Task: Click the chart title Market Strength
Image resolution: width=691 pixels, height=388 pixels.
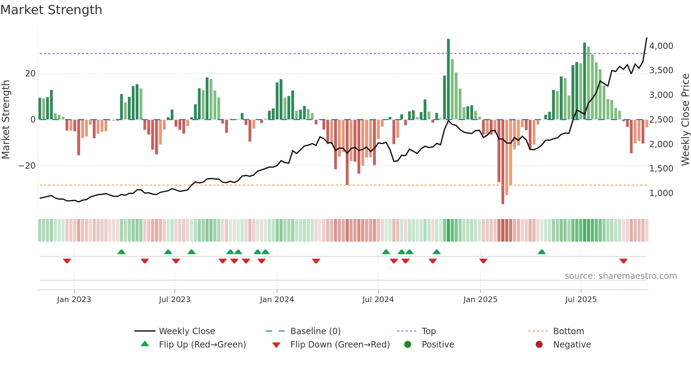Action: click(x=51, y=10)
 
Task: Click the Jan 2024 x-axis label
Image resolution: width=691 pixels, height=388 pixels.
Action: click(x=277, y=300)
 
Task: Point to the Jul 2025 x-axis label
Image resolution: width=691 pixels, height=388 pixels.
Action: click(x=581, y=300)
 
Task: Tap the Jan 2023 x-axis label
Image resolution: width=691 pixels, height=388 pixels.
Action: click(x=74, y=300)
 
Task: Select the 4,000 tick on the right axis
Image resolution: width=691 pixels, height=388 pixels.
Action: click(x=661, y=46)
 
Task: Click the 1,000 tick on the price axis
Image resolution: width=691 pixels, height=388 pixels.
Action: click(x=661, y=193)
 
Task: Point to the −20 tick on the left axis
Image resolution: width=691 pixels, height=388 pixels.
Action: click(x=27, y=166)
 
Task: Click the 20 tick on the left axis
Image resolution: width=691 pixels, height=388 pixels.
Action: click(x=30, y=74)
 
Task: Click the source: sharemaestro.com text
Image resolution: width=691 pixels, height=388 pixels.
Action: click(x=620, y=276)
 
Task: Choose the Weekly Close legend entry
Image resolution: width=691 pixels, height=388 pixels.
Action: click(x=187, y=331)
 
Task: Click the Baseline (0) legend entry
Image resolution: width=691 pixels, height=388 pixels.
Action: click(x=315, y=331)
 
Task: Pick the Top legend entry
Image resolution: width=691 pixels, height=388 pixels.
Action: click(x=429, y=331)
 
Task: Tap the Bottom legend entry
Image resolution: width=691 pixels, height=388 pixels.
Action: click(x=568, y=331)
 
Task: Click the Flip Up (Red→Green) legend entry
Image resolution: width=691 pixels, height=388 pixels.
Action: click(x=202, y=345)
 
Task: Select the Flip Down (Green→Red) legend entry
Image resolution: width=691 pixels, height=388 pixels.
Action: click(x=340, y=345)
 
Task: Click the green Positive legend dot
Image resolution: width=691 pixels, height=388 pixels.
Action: click(x=408, y=345)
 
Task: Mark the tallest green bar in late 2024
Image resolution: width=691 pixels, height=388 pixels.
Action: click(x=448, y=79)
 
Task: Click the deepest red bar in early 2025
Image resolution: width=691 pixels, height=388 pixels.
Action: click(x=503, y=162)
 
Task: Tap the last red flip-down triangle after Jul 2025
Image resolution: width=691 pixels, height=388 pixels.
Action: click(x=623, y=261)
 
